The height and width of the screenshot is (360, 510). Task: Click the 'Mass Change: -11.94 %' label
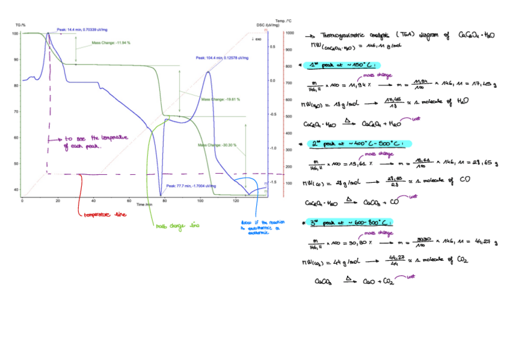coord(111,43)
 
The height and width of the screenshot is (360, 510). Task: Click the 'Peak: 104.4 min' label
coord(222,58)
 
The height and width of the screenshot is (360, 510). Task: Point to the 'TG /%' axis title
coord(20,25)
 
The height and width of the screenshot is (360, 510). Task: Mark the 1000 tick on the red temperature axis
coord(289,34)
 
